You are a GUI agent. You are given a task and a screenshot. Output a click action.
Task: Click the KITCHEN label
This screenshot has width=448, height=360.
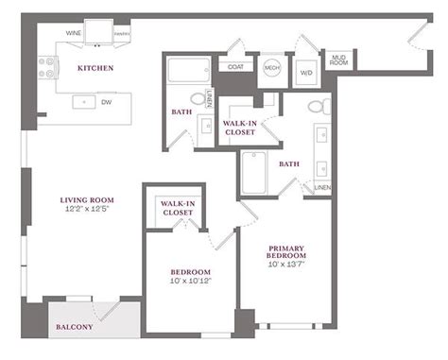[95, 68]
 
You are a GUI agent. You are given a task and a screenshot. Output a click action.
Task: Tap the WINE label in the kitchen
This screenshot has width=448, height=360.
[73, 32]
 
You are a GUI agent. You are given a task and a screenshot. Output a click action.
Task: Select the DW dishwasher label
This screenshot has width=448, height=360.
[107, 100]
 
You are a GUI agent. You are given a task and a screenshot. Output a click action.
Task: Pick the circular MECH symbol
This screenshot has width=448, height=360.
[271, 67]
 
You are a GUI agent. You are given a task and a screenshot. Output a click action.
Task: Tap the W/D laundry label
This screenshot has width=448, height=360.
[307, 72]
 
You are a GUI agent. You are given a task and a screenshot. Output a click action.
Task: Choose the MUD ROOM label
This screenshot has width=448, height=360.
[338, 62]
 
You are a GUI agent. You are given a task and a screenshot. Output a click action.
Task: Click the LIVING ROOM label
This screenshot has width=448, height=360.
[87, 199]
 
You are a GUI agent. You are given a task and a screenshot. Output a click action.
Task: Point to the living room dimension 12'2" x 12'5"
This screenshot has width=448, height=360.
[87, 209]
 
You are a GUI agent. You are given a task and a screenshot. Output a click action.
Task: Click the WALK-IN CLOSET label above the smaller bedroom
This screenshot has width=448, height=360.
[177, 208]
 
